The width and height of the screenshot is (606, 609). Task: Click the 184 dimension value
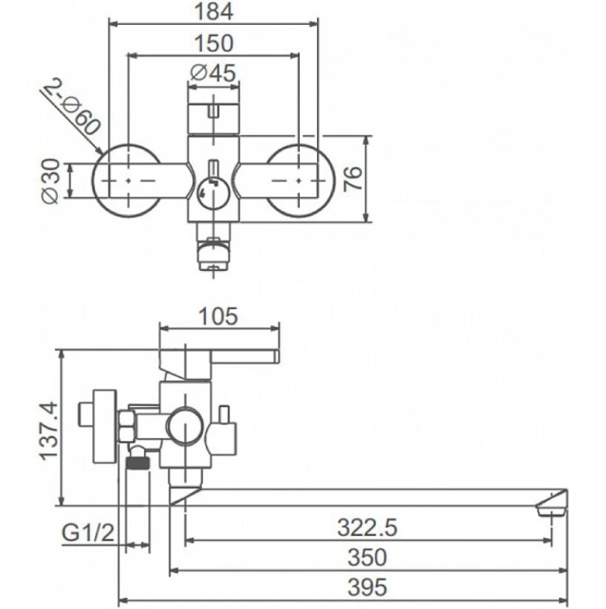tap(214, 12)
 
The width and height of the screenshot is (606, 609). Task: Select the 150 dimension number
tap(214, 43)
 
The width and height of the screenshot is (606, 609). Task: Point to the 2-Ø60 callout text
tap(73, 108)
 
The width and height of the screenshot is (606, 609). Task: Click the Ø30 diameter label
tap(51, 181)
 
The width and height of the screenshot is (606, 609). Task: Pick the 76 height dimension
tap(353, 179)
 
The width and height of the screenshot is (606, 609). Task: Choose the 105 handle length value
tap(218, 317)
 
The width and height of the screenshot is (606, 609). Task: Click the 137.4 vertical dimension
tap(50, 431)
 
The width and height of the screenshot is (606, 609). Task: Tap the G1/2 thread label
tap(89, 533)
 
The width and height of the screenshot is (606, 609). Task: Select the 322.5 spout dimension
tap(368, 528)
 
